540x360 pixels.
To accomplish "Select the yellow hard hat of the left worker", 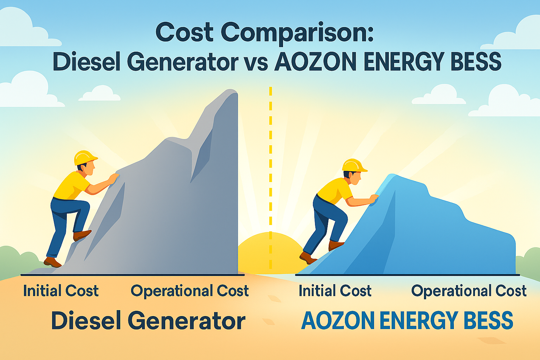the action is coord(85,157).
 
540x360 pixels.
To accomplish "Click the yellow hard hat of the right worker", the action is coord(354,166).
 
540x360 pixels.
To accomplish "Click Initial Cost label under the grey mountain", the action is coord(61,290).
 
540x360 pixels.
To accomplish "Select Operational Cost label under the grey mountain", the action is coord(189,291).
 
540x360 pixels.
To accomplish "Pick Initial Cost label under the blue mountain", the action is coord(335,290).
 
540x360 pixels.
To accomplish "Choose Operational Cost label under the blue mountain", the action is coord(469,291).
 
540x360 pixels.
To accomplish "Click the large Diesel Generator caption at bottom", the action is coord(148,321).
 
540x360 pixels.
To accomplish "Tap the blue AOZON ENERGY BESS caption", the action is coord(407,321).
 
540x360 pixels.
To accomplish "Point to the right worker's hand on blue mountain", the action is coord(374,199).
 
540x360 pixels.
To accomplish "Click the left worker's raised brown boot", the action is coord(82,234).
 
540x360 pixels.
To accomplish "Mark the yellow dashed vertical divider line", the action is coord(270,178).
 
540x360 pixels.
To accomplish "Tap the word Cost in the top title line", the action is coord(185,32).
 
